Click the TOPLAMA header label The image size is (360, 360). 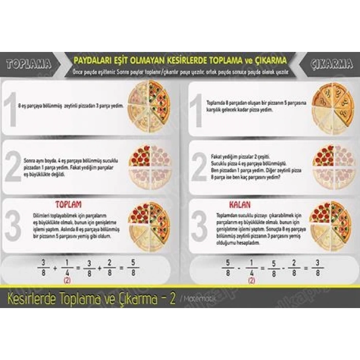point(29,64)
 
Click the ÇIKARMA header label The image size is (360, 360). point(331,64)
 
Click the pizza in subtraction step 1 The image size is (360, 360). point(333,109)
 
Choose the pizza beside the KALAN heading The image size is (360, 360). point(333,226)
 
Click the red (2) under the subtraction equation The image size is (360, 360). point(251,281)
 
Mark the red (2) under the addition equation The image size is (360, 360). point(66,281)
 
